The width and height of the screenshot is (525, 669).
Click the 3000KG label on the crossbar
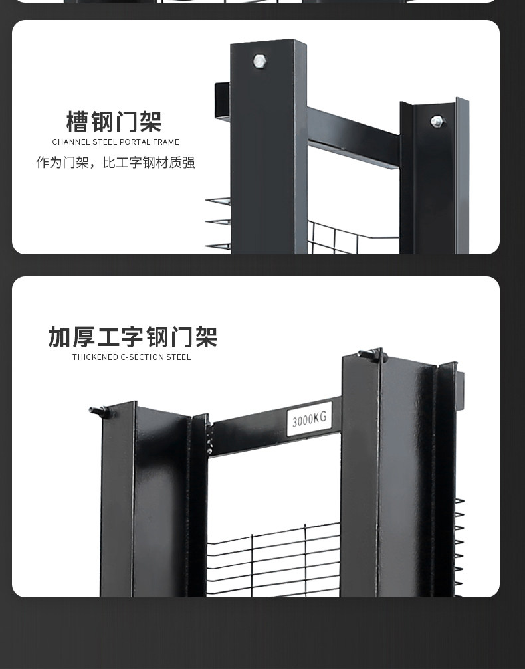point(310,419)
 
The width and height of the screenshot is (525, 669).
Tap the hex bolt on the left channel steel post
point(259,62)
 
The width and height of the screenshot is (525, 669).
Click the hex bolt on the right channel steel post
point(437,121)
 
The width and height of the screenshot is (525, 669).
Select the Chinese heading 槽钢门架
point(114,122)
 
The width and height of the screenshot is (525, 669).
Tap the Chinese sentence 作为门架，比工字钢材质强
point(116,163)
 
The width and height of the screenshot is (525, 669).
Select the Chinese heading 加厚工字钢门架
point(133,337)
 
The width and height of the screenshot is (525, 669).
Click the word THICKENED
point(95,357)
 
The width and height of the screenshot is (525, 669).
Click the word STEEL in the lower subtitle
point(179,357)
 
